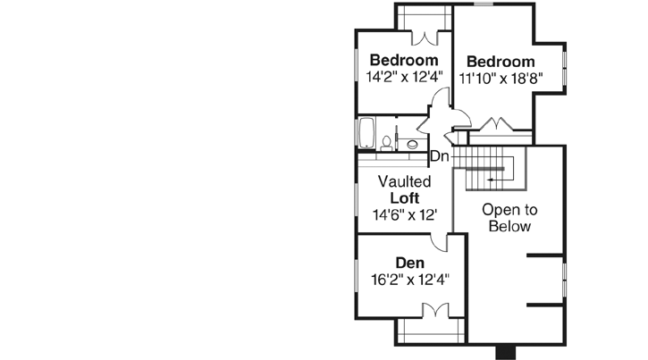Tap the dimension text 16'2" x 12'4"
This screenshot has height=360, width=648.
pos(409,279)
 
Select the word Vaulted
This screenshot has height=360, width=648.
pos(404,181)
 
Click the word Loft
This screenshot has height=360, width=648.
pos(404,197)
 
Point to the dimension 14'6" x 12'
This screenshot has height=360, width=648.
pos(404,214)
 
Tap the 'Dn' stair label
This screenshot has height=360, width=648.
pos(439,156)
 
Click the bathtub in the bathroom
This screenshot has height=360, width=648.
pos(366,133)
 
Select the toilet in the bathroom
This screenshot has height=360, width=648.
pos(386,141)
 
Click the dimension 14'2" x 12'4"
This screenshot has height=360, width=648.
pos(404,77)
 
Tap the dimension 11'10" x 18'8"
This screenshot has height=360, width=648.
pos(501,79)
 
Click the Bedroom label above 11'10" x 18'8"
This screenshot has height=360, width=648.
pos(501,62)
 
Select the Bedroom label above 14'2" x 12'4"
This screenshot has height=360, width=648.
pos(404,60)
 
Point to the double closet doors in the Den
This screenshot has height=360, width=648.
pos(434,310)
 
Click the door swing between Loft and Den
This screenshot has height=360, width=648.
pos(439,240)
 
